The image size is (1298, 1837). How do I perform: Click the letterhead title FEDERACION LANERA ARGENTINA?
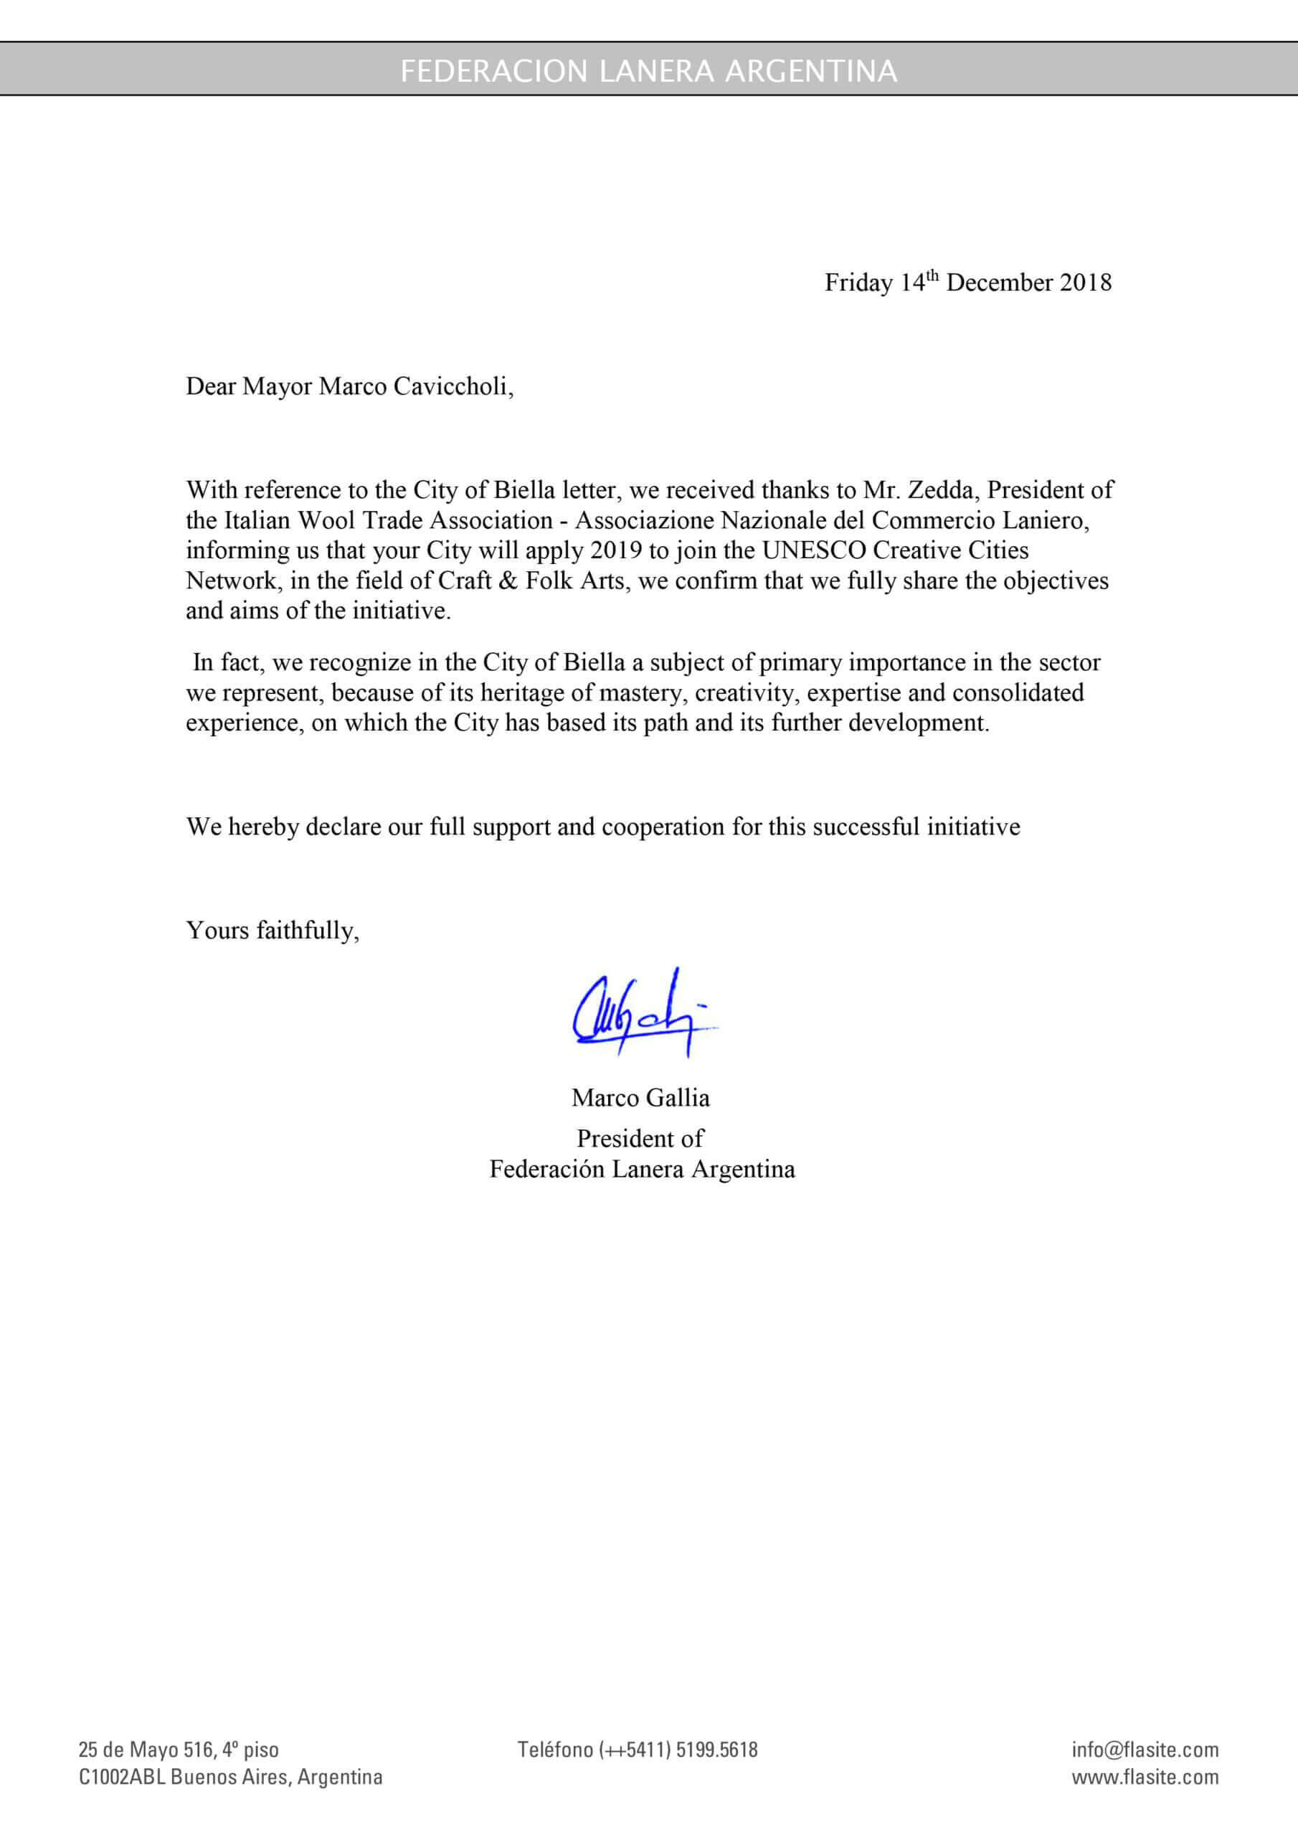click(648, 71)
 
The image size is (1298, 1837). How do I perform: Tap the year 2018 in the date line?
click(1085, 283)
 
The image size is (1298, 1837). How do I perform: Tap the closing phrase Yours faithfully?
click(273, 931)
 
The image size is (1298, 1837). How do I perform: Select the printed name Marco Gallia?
click(640, 1098)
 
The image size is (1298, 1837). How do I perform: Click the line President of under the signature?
click(640, 1139)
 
